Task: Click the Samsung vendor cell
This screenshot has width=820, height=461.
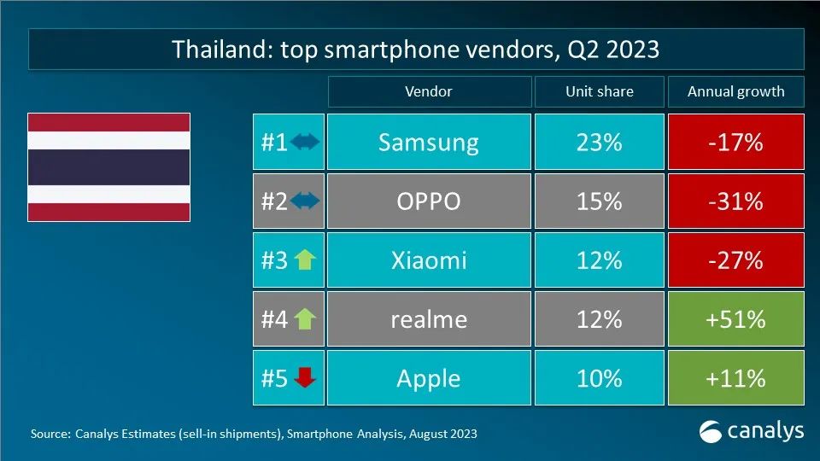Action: (428, 142)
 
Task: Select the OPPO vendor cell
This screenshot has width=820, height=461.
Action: (428, 201)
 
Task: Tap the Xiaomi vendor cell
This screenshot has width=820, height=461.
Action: (428, 260)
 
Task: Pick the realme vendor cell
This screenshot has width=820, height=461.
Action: (428, 318)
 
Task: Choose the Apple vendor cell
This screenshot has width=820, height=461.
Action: (428, 377)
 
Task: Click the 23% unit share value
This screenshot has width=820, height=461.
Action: (599, 142)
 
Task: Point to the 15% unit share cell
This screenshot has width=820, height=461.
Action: (599, 201)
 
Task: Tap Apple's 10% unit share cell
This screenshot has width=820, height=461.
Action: (599, 377)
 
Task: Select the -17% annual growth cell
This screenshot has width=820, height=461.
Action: (735, 142)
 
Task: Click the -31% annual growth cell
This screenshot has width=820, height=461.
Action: (735, 201)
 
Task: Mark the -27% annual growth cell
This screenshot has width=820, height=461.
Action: (735, 260)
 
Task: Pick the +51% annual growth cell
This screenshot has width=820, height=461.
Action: (735, 318)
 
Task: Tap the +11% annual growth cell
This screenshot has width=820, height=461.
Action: (735, 377)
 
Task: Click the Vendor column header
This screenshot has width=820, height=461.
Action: (428, 91)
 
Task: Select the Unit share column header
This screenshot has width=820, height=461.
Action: (599, 91)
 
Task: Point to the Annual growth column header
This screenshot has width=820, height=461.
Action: (735, 91)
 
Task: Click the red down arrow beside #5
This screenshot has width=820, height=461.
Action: (305, 377)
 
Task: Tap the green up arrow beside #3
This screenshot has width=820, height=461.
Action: (305, 260)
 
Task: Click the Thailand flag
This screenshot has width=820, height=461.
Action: (109, 167)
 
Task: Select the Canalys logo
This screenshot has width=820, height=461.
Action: (751, 431)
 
